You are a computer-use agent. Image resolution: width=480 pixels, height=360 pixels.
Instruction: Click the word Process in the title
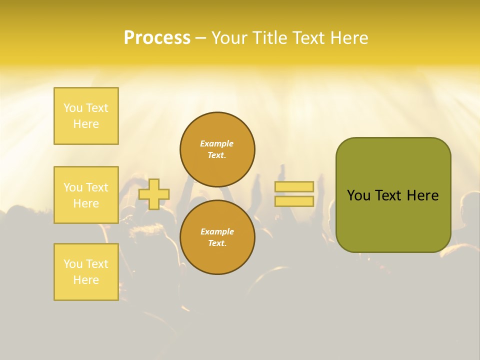click(x=157, y=38)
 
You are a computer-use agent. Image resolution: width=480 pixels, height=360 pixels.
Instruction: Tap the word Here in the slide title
click(x=348, y=38)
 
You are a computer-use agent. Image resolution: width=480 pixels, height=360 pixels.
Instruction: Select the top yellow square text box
click(x=86, y=116)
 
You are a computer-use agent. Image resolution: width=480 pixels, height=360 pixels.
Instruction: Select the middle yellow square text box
click(x=86, y=195)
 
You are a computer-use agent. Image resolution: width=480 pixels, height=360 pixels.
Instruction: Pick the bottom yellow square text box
click(x=86, y=272)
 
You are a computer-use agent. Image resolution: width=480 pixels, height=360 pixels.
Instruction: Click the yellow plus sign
click(x=154, y=194)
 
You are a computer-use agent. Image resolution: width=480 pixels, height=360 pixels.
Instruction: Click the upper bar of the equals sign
click(x=294, y=186)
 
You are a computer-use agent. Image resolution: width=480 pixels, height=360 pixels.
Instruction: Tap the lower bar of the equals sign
click(x=294, y=201)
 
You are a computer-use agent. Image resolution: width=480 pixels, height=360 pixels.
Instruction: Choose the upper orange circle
click(x=217, y=149)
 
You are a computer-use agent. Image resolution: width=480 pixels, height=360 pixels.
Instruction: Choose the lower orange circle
click(x=217, y=237)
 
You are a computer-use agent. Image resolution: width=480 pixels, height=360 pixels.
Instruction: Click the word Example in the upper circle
click(x=217, y=143)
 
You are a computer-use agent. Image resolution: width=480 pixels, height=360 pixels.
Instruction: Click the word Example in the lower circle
click(x=217, y=231)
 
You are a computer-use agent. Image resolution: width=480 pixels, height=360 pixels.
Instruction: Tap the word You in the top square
click(x=73, y=108)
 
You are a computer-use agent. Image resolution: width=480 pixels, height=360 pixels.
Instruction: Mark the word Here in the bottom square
click(x=86, y=280)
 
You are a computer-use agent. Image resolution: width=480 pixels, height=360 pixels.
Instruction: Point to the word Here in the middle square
click(x=86, y=203)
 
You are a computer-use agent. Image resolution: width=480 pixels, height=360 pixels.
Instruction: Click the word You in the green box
click(x=358, y=195)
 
